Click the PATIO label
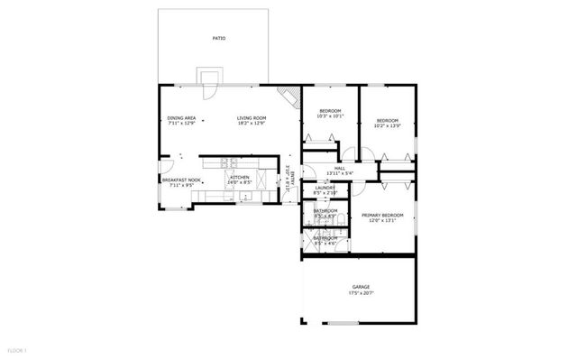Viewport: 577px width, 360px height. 219,39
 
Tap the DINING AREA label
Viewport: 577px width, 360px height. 181,118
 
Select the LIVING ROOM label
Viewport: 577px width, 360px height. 252,118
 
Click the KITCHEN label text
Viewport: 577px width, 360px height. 239,177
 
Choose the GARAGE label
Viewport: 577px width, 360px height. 361,287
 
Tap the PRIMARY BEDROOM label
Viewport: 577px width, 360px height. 382,215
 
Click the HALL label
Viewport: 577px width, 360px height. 340,168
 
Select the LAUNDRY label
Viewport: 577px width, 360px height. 325,188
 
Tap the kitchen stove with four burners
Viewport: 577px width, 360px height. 228,163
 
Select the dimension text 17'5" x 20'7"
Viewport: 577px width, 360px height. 361,293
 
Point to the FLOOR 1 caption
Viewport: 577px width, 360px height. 17,349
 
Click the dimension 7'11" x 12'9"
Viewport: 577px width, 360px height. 181,124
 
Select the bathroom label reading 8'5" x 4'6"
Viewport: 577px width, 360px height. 325,244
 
